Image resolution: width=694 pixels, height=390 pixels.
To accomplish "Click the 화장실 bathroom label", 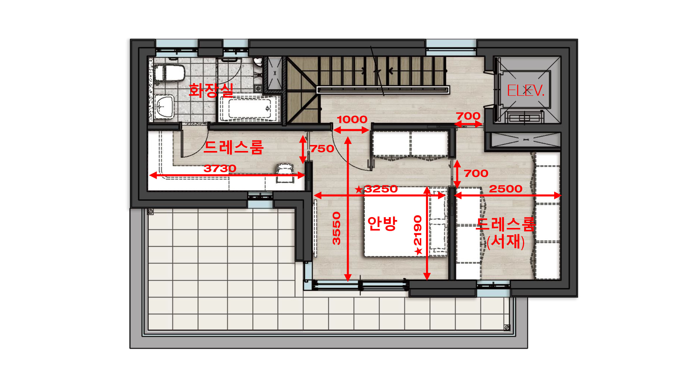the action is click(211, 90).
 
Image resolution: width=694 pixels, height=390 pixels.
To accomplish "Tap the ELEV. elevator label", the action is click(525, 90).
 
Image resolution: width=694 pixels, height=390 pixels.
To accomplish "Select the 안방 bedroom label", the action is click(382, 224).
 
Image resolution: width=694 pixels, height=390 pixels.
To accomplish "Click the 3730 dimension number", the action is click(220, 168).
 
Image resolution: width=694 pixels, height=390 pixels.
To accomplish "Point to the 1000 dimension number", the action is click(352, 119).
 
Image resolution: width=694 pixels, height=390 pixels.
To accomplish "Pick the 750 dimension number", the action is click(322, 149).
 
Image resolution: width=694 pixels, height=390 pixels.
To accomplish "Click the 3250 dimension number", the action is click(381, 189).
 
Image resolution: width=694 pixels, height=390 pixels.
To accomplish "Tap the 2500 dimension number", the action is click(505, 189).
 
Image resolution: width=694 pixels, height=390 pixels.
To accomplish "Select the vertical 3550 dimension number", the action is click(337, 228).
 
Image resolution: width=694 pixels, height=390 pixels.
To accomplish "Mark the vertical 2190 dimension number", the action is click(418, 230).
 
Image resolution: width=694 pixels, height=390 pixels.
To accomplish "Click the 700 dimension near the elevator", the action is click(468, 116).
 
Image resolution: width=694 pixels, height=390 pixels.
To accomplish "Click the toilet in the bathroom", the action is click(169, 73).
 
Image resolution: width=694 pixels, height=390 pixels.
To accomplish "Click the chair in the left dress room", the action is click(285, 173).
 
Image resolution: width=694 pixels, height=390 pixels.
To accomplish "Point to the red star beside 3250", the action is click(359, 190).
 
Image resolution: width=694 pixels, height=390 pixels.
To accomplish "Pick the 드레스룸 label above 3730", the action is click(234, 147).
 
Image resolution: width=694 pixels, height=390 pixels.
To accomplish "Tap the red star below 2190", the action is click(418, 251).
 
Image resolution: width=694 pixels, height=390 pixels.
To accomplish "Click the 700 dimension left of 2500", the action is click(476, 173).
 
